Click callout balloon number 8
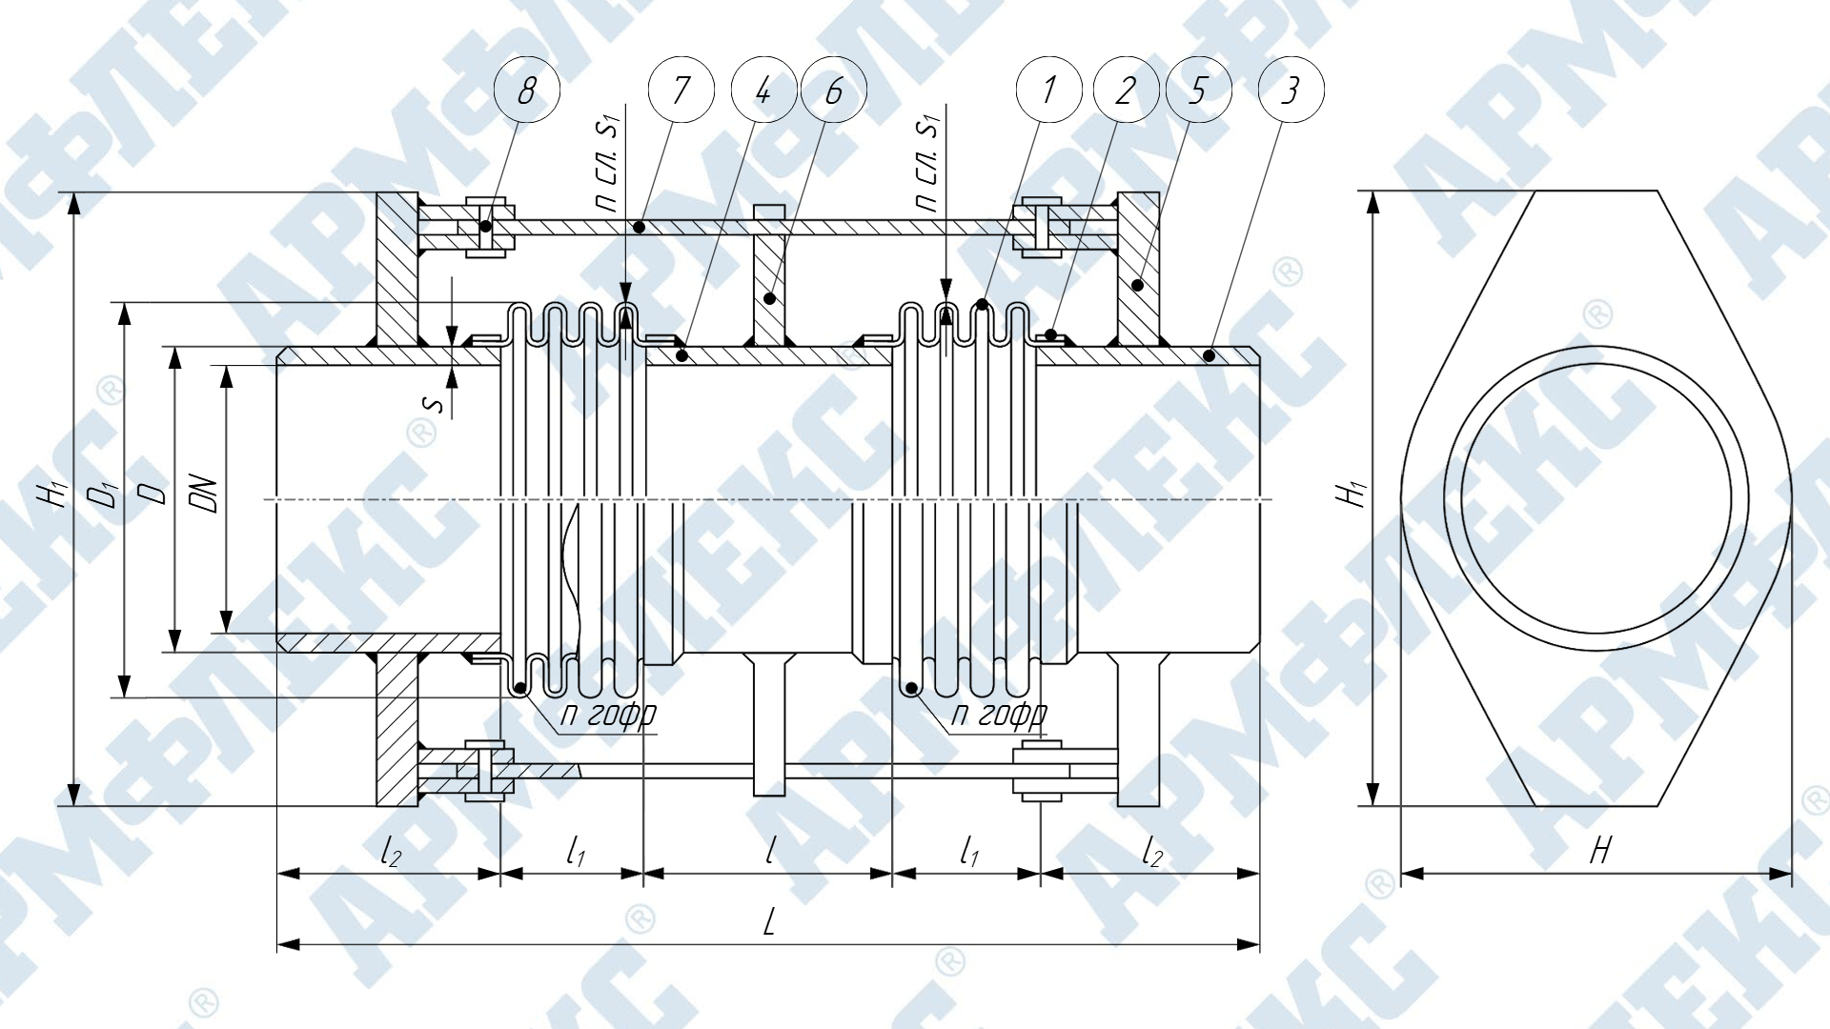[x=526, y=91]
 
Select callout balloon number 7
[x=681, y=91]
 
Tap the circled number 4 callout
[x=762, y=91]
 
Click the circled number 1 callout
[x=1048, y=91]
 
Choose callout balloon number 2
[x=1125, y=91]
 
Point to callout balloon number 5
[x=1198, y=91]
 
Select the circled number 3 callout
[x=1291, y=91]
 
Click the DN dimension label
[x=207, y=494]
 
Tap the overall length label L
[x=769, y=921]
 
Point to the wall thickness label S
[x=435, y=405]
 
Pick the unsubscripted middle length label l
[x=769, y=850]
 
